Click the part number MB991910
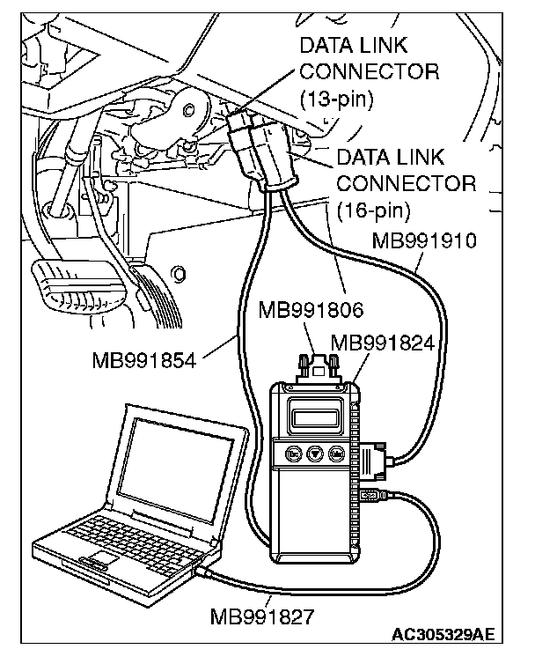(425, 240)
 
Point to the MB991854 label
(143, 359)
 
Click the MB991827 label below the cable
(262, 614)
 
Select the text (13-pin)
(337, 97)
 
